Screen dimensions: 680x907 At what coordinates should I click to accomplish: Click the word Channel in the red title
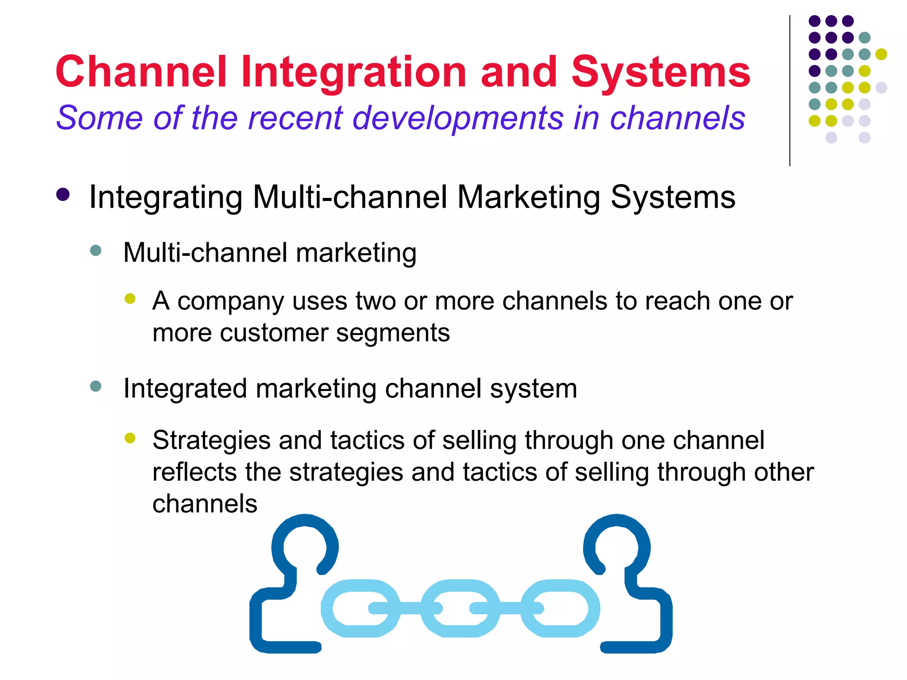pos(141,72)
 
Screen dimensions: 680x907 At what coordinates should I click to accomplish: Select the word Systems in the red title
pos(661,72)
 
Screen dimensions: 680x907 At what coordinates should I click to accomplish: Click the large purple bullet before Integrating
pos(63,195)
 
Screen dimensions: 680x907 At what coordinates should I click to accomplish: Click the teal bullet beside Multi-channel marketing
pos(96,251)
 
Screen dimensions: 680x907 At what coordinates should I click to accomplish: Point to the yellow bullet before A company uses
pos(130,299)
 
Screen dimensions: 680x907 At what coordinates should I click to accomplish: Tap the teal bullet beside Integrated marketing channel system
pos(96,386)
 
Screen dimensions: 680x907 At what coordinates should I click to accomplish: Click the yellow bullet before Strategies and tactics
pos(130,438)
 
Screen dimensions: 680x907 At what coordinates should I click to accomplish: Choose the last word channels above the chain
pos(205,504)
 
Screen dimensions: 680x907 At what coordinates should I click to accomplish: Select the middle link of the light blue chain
pos(460,608)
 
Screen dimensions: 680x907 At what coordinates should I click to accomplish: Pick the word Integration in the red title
pos(353,72)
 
